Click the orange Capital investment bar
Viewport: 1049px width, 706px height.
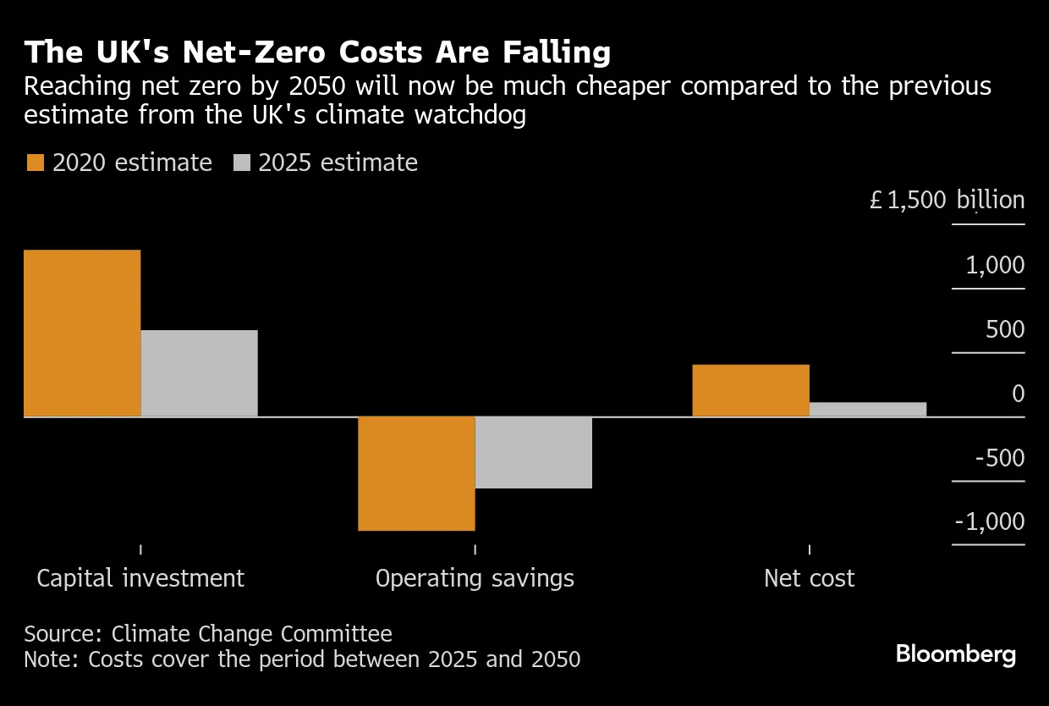coord(82,333)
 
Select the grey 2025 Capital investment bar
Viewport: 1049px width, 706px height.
coord(199,373)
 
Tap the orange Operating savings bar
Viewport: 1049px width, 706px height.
coord(416,473)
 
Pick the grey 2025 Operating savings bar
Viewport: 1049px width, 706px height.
coord(533,452)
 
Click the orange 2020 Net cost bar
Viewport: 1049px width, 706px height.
coord(750,390)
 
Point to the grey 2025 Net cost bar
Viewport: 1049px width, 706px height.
coord(868,409)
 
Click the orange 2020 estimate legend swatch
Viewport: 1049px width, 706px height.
coord(35,163)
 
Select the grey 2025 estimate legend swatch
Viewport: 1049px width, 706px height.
coord(241,163)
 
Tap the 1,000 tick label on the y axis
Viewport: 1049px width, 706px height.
coord(995,266)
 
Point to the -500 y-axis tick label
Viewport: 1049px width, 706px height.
coord(999,458)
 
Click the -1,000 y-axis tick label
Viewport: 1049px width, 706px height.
coord(990,521)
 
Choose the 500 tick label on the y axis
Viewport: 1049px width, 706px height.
coord(1005,330)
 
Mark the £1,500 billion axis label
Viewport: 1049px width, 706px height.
coord(947,201)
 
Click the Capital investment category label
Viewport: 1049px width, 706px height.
coord(140,578)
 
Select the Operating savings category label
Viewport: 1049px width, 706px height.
coord(475,578)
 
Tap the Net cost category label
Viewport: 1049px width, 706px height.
coord(809,578)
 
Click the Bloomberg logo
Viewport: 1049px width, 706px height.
coord(956,654)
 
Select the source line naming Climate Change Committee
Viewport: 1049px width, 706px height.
coord(208,634)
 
